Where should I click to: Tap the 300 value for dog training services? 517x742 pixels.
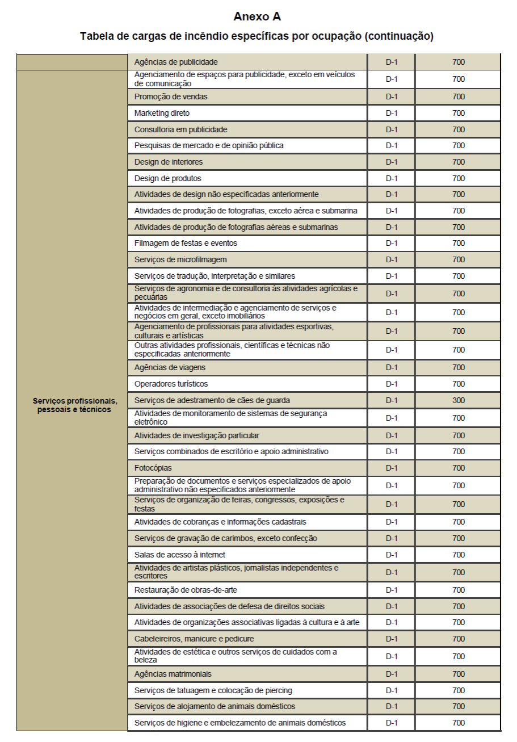click(459, 400)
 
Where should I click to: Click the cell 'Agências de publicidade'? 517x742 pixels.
click(176, 61)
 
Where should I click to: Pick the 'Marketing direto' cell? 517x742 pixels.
click(162, 113)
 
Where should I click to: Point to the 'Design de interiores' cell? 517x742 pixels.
click(169, 162)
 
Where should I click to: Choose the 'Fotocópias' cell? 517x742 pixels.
click(153, 468)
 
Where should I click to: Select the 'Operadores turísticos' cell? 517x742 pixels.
click(171, 384)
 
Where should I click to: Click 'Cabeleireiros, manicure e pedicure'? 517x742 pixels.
click(194, 639)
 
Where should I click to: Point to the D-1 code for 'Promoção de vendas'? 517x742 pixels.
click(392, 97)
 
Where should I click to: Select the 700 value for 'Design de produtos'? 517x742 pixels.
click(459, 178)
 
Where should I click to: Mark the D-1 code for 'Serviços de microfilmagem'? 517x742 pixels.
click(392, 259)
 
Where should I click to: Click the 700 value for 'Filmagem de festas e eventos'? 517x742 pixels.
click(459, 243)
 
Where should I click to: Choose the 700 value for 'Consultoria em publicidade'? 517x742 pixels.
click(459, 129)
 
